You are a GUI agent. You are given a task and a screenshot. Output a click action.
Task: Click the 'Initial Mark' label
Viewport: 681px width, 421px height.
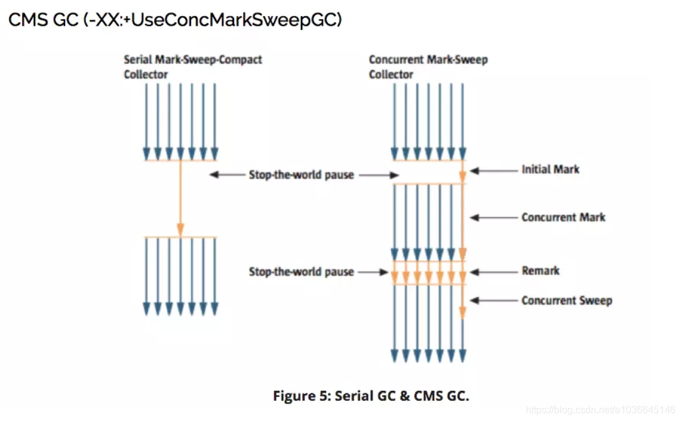coord(550,169)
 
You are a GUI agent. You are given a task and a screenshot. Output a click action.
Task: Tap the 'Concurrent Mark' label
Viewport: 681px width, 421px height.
coord(563,217)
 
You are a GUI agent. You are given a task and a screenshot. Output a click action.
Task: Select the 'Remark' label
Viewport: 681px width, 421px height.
coord(540,271)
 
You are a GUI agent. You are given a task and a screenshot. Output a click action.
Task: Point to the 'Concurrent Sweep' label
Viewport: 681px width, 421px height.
coord(566,300)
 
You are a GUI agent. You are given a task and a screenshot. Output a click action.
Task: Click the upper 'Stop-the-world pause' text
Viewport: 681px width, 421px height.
coord(301,175)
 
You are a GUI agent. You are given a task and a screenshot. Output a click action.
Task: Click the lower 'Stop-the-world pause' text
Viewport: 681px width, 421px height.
coord(301,271)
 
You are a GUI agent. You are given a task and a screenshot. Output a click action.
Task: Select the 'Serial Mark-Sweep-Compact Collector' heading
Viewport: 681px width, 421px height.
coord(193,67)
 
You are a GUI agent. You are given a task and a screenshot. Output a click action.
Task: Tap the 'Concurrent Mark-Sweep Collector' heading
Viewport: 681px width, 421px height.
coord(428,67)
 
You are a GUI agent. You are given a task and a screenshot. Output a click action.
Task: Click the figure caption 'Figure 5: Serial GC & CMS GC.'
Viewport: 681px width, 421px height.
coord(371,396)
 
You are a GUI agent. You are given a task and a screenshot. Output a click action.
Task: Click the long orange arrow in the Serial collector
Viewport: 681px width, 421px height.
coord(181,198)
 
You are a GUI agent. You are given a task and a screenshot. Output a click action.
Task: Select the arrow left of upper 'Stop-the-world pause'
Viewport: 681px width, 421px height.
coord(227,175)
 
